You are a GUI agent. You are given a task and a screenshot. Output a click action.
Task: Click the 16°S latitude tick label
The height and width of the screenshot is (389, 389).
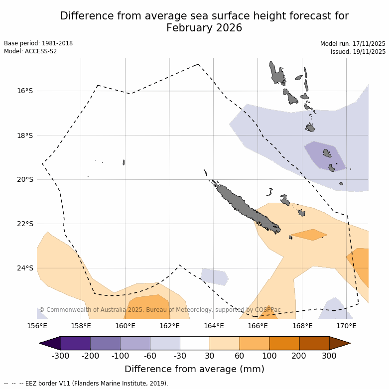tap(25, 91)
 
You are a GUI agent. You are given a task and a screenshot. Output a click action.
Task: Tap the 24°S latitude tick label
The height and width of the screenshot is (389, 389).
tap(25, 268)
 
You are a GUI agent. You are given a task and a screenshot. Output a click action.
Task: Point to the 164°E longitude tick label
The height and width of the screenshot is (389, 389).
tap(214, 326)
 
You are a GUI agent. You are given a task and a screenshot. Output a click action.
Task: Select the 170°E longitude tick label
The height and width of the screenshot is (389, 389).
tap(346, 326)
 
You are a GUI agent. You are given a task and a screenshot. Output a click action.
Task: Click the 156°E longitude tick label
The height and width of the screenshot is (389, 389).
tap(37, 326)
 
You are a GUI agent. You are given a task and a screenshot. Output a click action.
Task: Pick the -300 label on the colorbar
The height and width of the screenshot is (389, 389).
tap(60, 356)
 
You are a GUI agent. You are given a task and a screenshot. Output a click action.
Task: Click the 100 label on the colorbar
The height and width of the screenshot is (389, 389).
tap(269, 356)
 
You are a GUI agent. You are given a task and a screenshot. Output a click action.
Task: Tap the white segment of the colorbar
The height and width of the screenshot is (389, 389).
tap(195, 343)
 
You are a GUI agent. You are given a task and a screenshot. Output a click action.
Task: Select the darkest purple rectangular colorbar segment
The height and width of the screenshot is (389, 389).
tap(75, 343)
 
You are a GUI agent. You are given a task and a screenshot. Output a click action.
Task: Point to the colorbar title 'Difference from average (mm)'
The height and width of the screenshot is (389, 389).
tap(194, 369)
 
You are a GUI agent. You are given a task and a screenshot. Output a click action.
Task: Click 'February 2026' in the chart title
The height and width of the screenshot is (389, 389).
tap(204, 28)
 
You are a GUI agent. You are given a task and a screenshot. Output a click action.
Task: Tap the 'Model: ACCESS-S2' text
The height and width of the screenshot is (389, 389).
tap(30, 51)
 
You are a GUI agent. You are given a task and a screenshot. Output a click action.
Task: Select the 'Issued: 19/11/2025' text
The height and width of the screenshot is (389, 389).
tap(358, 51)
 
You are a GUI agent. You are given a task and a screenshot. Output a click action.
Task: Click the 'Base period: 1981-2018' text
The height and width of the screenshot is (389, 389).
tap(38, 43)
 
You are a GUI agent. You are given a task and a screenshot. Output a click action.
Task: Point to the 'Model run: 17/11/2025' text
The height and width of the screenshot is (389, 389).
tap(353, 44)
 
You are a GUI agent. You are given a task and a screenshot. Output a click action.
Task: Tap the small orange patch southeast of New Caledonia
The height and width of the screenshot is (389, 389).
tap(309, 234)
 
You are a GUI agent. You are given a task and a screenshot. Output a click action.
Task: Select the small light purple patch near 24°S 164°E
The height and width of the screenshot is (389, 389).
tap(214, 276)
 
